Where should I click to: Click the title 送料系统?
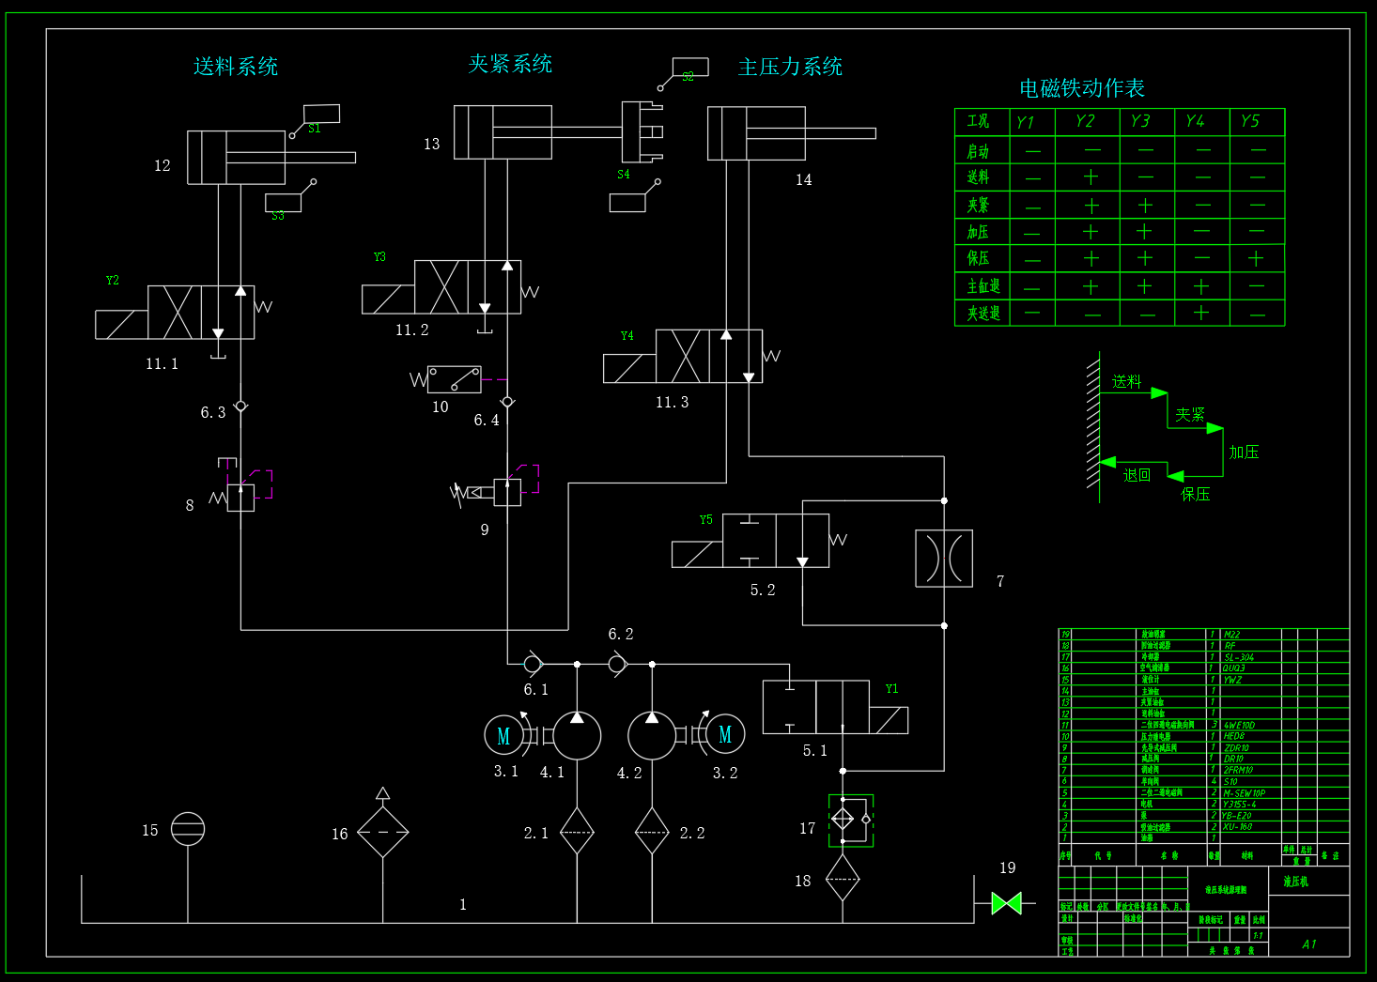236,67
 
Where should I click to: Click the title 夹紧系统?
510,64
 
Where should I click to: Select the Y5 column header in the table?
1249,121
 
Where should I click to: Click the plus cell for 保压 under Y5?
1256,258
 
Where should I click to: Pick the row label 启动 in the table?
978,151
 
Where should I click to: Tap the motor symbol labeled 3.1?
503,736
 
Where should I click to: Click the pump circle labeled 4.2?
652,735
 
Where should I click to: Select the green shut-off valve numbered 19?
1006,903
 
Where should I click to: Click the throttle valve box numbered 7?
944,559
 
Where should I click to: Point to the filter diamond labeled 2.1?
577,832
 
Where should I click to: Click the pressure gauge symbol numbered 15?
188,829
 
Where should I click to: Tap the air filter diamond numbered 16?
382,832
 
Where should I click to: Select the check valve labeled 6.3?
240,407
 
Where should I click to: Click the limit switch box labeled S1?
321,115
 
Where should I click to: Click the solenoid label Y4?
627,336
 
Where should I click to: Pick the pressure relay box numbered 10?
455,379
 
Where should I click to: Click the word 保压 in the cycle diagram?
1195,495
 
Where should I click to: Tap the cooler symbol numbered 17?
850,821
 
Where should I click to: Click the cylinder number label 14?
803,180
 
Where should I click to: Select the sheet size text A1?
1309,944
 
